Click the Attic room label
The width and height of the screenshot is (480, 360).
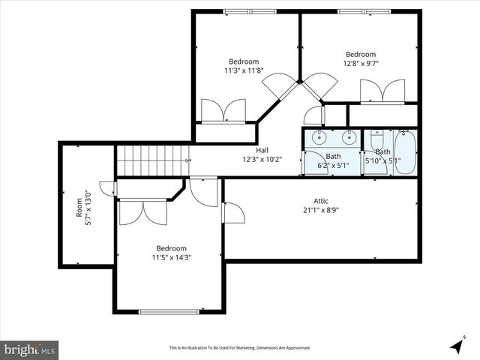tap(321, 201)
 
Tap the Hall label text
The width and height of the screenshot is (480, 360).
tap(262, 150)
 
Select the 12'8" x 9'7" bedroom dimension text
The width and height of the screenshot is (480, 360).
tap(361, 64)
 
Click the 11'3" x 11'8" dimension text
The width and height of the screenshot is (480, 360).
tap(244, 70)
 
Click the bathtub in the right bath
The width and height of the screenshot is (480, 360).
tap(404, 152)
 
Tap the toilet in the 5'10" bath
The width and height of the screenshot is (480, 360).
tap(376, 139)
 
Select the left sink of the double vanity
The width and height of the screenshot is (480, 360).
tap(319, 137)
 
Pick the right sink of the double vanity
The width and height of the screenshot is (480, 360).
tap(349, 137)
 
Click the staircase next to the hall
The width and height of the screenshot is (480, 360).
tap(150, 160)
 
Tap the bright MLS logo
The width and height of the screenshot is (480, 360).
tap(29, 349)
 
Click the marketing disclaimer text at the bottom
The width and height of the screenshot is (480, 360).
tap(240, 348)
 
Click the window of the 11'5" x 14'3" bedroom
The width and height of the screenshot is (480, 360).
tap(169, 311)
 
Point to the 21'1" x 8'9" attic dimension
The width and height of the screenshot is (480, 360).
tap(321, 211)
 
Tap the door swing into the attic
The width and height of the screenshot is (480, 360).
tap(233, 213)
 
